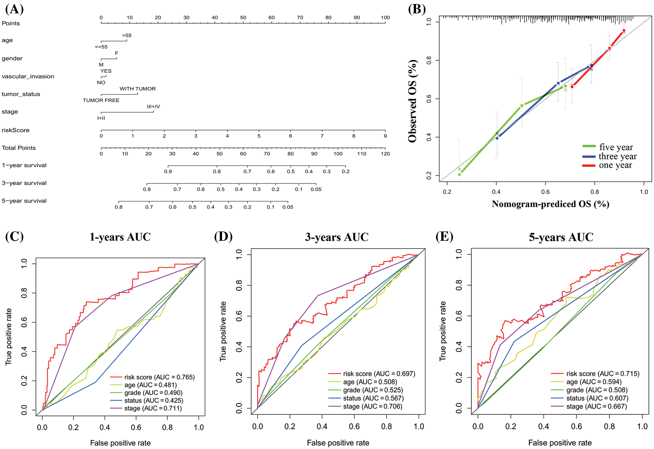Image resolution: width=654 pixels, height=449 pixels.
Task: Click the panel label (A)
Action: [x=14, y=9]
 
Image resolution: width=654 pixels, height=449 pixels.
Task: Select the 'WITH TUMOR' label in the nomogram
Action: [x=137, y=89]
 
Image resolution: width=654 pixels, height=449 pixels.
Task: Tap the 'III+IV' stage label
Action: [x=153, y=107]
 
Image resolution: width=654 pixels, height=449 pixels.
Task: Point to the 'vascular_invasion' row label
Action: [x=28, y=76]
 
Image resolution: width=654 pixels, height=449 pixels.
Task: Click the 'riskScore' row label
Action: [x=15, y=130]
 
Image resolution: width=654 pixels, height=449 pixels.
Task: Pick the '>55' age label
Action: [x=127, y=35]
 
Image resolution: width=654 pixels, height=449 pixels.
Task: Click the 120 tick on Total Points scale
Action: [x=385, y=154]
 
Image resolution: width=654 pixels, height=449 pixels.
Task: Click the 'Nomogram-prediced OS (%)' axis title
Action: [x=550, y=204]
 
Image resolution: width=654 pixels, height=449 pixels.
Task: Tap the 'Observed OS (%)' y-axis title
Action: [x=413, y=101]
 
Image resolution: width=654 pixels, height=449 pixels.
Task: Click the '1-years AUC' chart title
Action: [x=120, y=237]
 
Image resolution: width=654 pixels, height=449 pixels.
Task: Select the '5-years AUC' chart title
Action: [x=561, y=237]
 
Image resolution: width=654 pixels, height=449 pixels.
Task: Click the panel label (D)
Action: [x=223, y=236]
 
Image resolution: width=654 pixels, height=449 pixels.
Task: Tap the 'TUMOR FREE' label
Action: [x=101, y=100]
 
